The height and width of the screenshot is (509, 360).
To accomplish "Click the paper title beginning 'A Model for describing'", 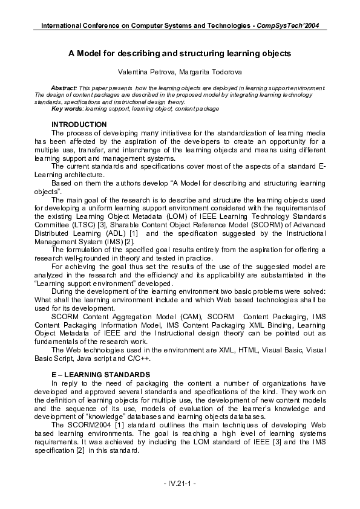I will click(180, 54).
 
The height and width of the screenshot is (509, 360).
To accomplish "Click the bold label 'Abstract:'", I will click(64, 88).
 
